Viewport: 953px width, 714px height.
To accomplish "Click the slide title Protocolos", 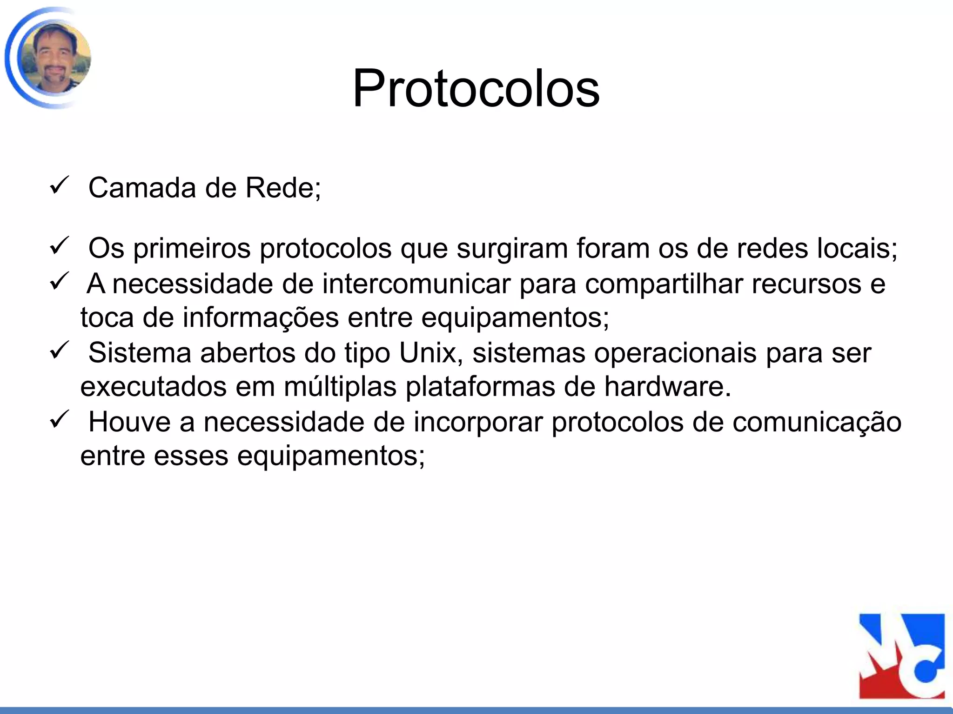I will pyautogui.click(x=476, y=88).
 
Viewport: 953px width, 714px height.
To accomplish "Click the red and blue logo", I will pyautogui.click(x=901, y=656).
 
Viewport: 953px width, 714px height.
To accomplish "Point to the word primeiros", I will pyautogui.click(x=192, y=249).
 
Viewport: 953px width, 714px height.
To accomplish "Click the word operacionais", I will pyautogui.click(x=675, y=352).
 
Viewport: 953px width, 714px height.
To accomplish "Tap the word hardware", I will pyautogui.click(x=668, y=386).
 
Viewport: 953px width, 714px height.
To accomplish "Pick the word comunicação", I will pyautogui.click(x=817, y=422).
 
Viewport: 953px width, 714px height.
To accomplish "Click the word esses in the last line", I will pyautogui.click(x=191, y=456).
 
